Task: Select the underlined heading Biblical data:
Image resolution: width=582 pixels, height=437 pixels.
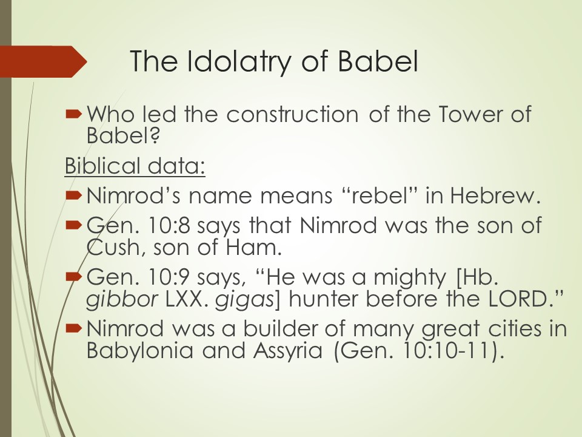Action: [x=135, y=166]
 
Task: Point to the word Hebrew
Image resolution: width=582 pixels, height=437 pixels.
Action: [x=495, y=195]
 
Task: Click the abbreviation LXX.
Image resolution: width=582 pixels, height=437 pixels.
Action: [x=184, y=299]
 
